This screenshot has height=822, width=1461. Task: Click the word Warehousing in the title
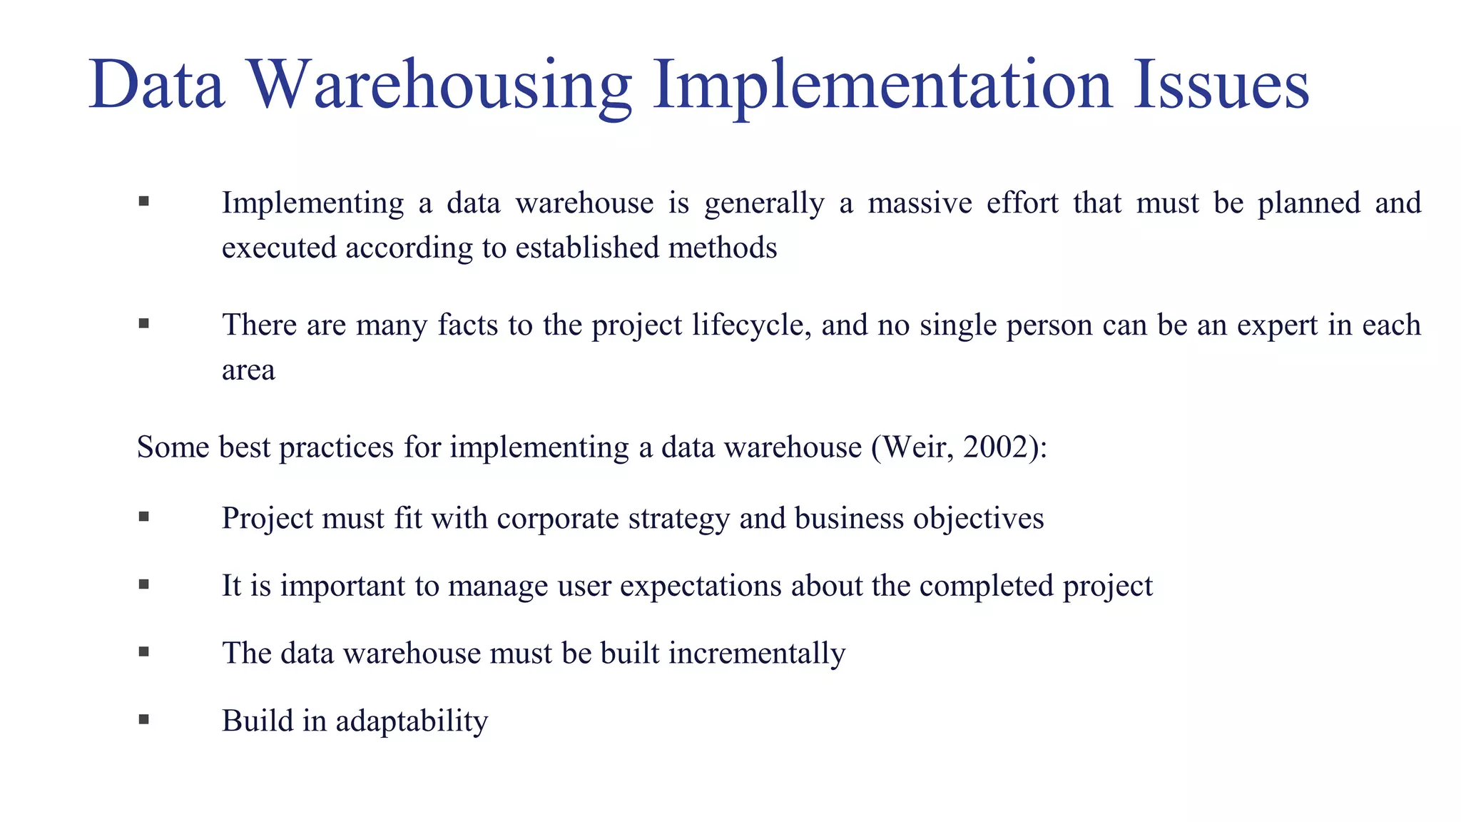click(440, 85)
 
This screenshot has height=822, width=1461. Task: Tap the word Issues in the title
click(1221, 85)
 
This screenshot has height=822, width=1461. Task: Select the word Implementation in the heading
click(882, 85)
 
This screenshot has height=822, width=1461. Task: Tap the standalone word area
click(248, 370)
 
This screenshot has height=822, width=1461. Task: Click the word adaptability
click(412, 721)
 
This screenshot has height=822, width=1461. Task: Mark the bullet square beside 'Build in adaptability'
click(144, 719)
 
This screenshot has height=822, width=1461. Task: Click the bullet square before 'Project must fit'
click(144, 516)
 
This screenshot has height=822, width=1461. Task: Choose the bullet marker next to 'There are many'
click(144, 323)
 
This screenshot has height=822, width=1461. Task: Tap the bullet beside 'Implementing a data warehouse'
click(144, 201)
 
